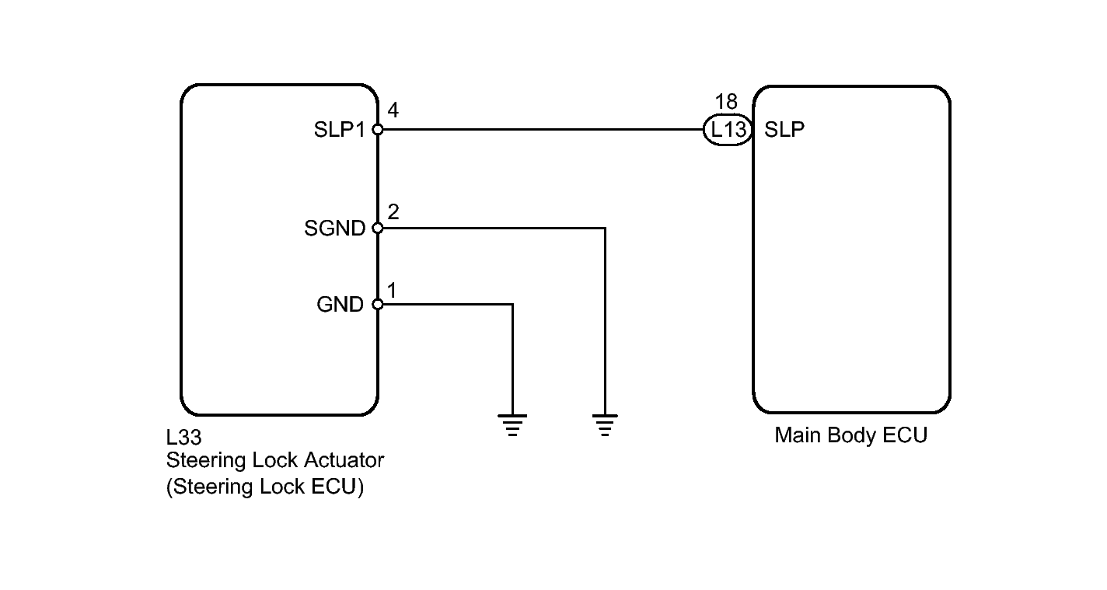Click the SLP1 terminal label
pos(339,130)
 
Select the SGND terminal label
pos(335,229)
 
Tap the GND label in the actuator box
pos(340,305)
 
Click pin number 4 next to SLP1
pos(393,111)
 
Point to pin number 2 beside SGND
pos(393,211)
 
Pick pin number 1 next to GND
pos(392,291)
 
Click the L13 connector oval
pos(728,130)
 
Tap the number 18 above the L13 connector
pos(725,102)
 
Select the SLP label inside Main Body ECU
pos(784,130)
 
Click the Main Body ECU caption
pos(850,435)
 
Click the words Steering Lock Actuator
pos(275,460)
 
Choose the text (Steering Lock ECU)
pos(265,487)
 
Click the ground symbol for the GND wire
pos(512,424)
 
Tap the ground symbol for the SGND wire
pos(605,424)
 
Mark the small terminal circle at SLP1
pos(378,130)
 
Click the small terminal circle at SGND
pos(378,229)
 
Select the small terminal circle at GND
pos(378,305)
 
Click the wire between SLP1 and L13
pos(544,130)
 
